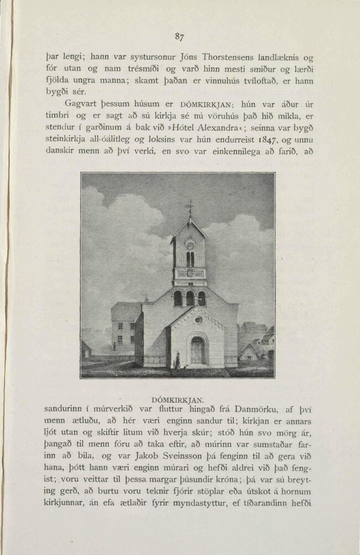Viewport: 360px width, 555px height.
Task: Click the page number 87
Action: [x=179, y=37]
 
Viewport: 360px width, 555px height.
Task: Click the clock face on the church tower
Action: [x=190, y=245]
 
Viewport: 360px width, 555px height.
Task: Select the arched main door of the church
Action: [x=197, y=350]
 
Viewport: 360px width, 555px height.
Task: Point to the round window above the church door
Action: [x=198, y=320]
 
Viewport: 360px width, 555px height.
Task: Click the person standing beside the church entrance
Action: [x=177, y=361]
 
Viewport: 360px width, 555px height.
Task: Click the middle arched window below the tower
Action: [x=190, y=299]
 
